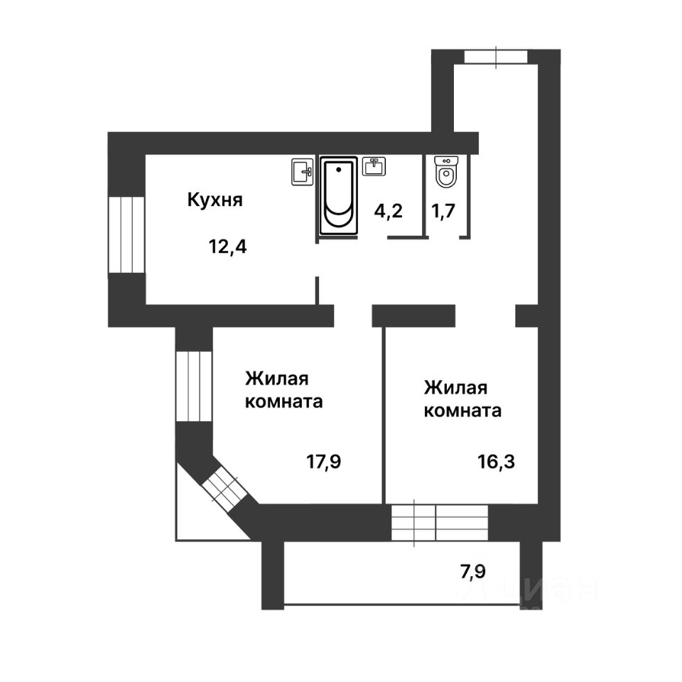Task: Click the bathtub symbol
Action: (339, 196)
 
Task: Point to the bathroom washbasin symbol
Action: (374, 166)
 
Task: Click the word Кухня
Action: (215, 200)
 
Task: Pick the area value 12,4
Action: (227, 247)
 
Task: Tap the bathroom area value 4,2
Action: (389, 211)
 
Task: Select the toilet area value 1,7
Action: (444, 211)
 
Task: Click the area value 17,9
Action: (324, 462)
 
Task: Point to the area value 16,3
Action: (495, 462)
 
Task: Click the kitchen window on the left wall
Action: (127, 235)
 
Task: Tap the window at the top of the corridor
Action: (496, 56)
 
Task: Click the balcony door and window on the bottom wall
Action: (439, 524)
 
